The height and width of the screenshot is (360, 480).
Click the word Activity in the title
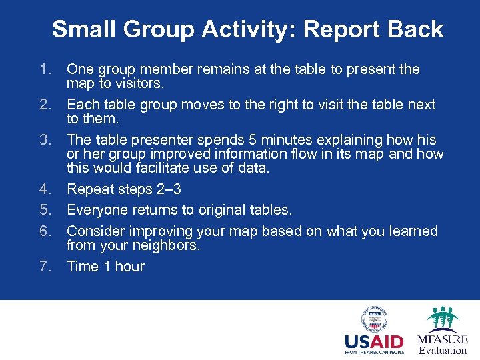250,29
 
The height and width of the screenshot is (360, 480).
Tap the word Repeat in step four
89,189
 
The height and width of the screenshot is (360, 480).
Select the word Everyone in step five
98,210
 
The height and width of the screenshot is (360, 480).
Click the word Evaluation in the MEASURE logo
443,350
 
